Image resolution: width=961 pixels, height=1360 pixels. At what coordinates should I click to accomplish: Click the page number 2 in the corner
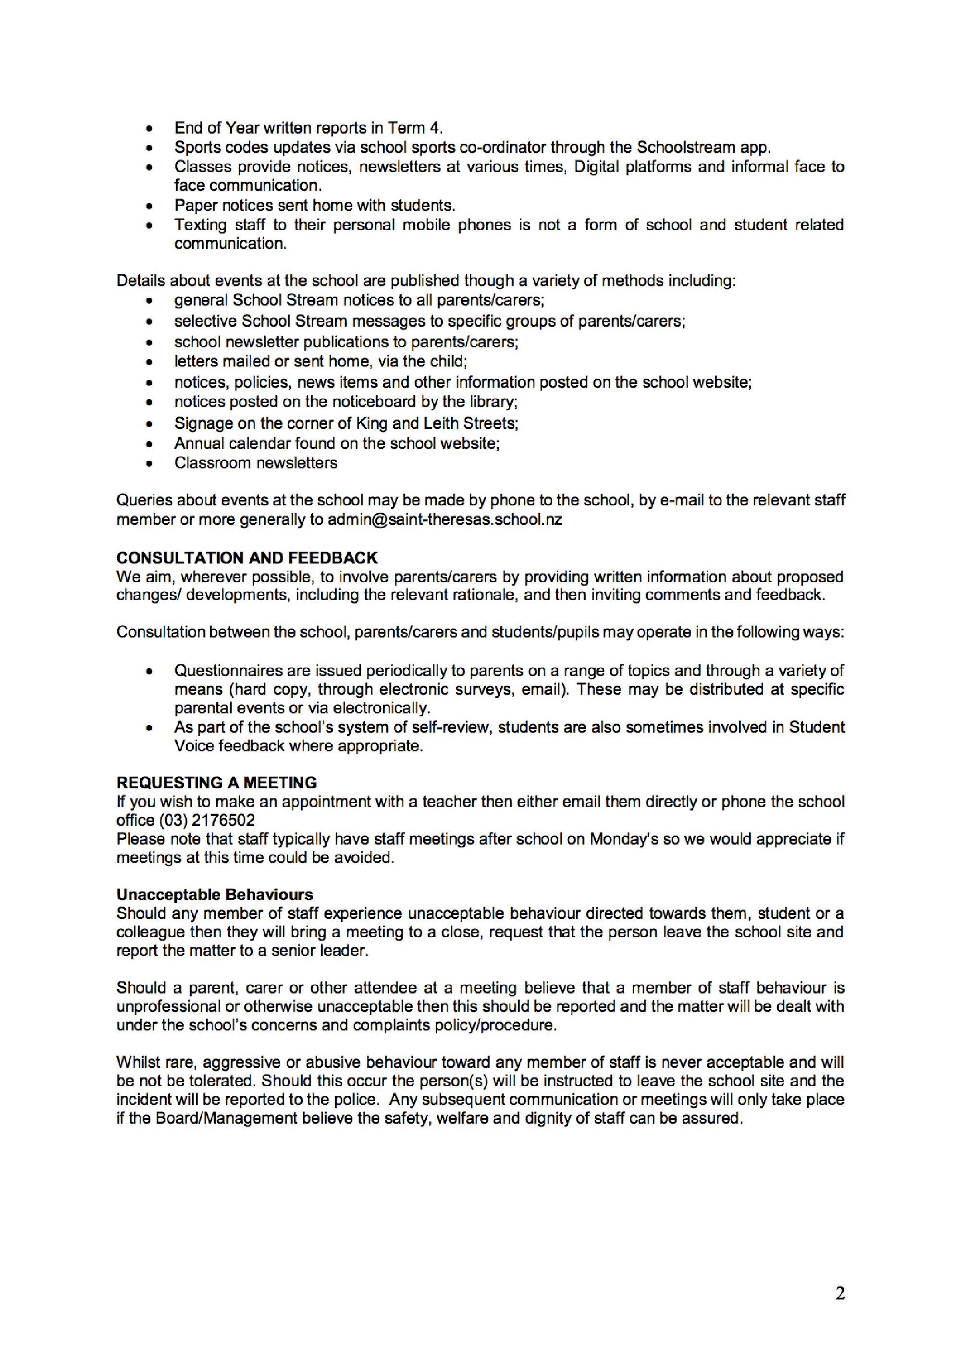tap(839, 1294)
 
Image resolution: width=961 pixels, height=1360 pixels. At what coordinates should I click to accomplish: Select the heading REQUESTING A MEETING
tap(216, 783)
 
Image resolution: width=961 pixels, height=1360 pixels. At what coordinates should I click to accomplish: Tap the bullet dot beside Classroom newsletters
tap(150, 463)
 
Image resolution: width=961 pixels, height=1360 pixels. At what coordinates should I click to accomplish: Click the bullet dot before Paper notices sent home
tap(150, 206)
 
